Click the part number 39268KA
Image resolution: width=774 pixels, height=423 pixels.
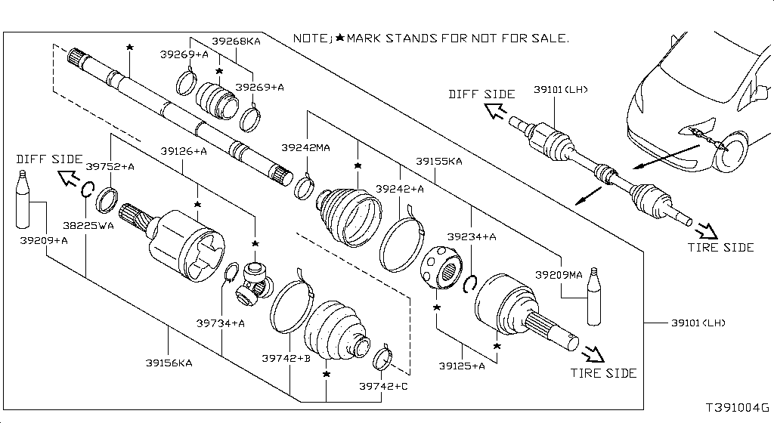[236, 42]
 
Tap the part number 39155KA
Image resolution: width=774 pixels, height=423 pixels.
[438, 162]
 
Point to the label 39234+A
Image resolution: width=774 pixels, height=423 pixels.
[471, 236]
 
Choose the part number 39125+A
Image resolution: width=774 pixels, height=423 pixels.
[461, 366]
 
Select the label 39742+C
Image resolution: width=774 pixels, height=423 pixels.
[383, 386]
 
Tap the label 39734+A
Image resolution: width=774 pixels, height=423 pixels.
[221, 323]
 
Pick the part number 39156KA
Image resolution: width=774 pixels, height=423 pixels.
[169, 363]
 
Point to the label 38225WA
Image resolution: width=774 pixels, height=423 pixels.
[88, 224]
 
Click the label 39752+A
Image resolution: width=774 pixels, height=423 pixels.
[110, 166]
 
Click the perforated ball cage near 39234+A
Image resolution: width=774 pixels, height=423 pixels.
[440, 267]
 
